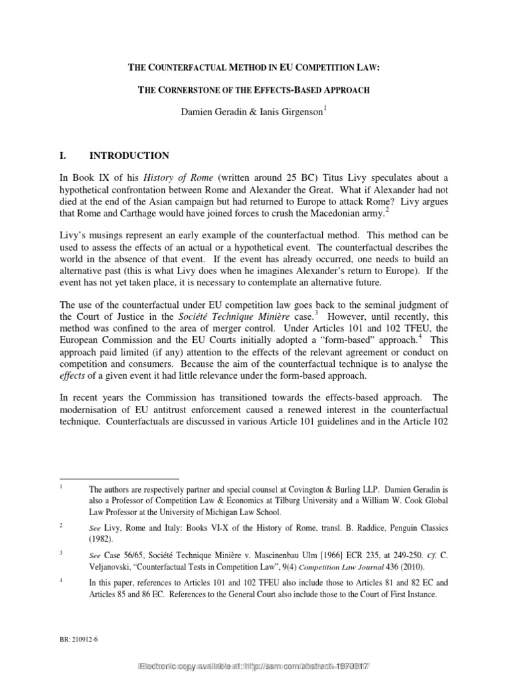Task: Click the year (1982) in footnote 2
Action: (x=102, y=539)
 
